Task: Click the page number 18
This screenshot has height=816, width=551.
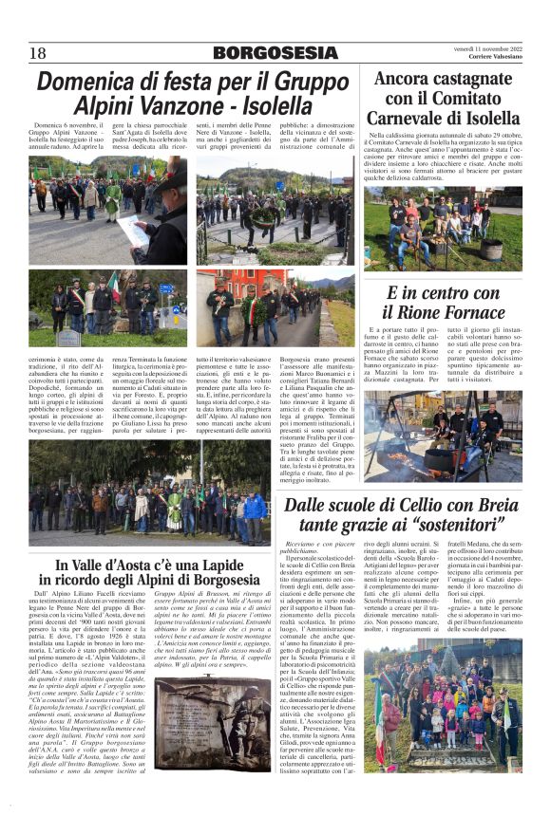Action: point(38,53)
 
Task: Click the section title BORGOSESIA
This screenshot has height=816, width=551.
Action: point(275,53)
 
